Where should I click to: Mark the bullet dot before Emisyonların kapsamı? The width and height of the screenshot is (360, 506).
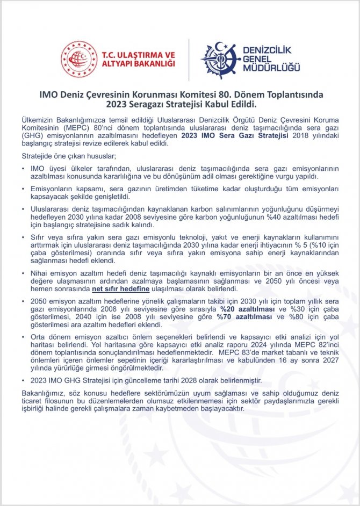(24, 189)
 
